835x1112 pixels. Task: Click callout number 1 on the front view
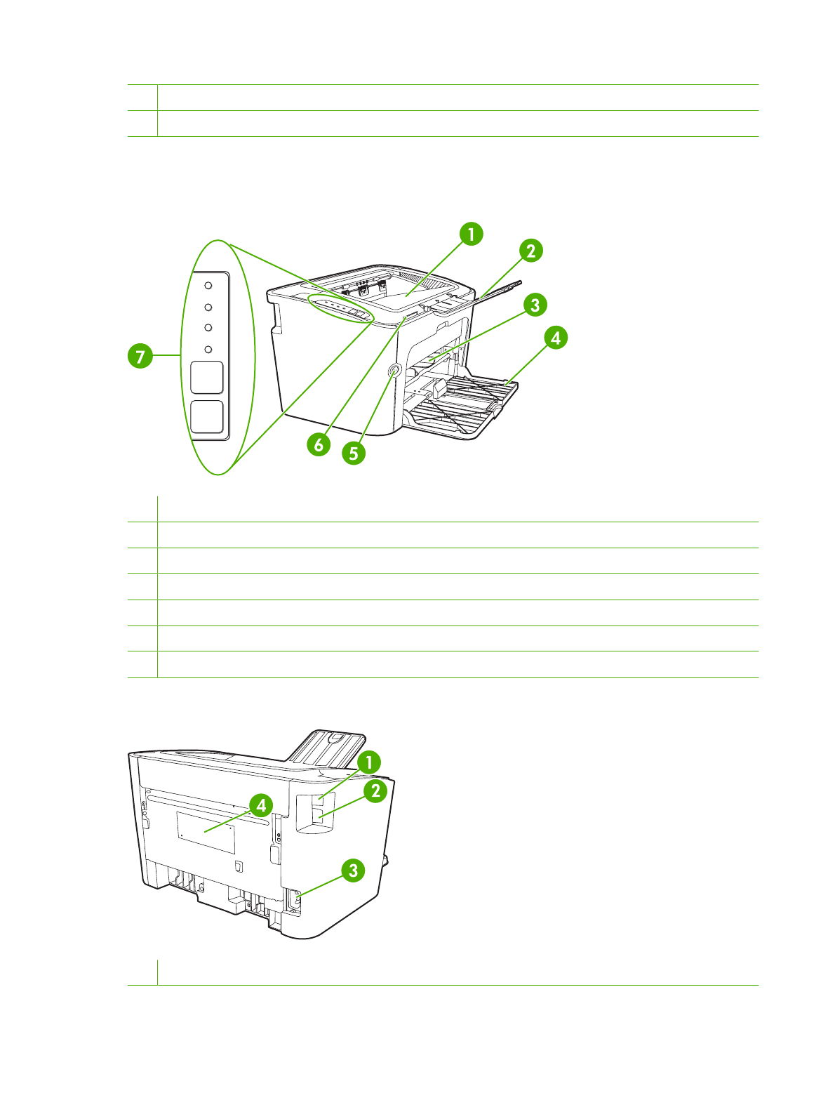(x=471, y=234)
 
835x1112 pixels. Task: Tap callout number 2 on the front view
(x=530, y=251)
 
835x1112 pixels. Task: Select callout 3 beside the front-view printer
(x=535, y=305)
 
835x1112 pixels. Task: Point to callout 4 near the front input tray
(x=556, y=338)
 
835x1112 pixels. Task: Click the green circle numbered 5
(x=354, y=454)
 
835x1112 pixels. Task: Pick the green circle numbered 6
(x=319, y=445)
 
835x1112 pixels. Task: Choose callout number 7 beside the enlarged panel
(x=140, y=356)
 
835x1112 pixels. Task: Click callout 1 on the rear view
(x=368, y=762)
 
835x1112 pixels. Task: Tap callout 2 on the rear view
(x=375, y=790)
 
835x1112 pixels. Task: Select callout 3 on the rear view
(x=353, y=871)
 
